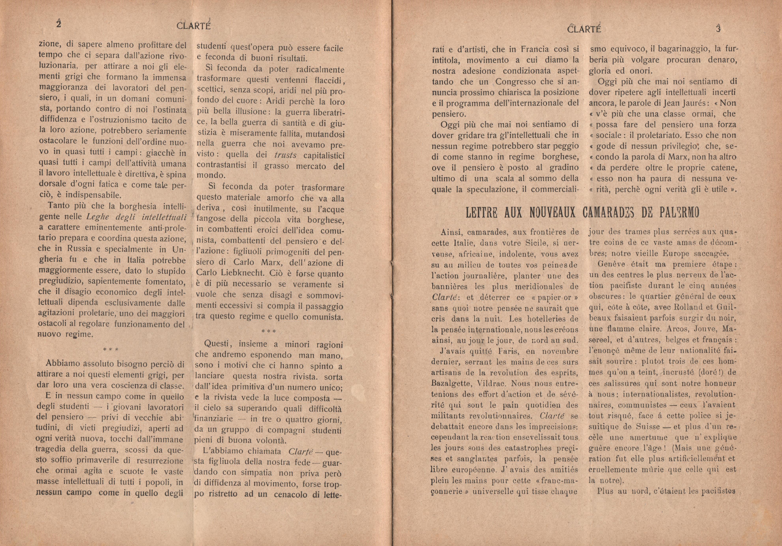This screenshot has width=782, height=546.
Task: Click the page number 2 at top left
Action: pyautogui.click(x=59, y=24)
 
